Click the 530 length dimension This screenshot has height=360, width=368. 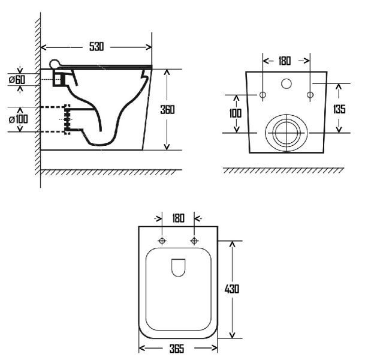(x=96, y=47)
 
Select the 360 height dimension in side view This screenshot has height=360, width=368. (x=167, y=110)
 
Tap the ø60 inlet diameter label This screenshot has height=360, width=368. (x=17, y=80)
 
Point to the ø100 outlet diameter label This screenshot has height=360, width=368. (x=19, y=119)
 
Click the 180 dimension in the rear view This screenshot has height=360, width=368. (x=285, y=61)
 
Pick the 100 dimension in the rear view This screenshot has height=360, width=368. (x=235, y=113)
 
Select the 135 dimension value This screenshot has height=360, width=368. (x=339, y=109)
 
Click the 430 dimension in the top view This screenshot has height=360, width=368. (x=232, y=289)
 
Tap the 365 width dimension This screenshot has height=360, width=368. (x=177, y=349)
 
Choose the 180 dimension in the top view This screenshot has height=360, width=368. (x=179, y=218)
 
